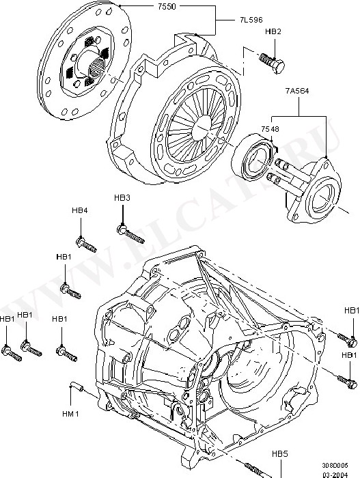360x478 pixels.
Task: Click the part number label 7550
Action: (x=167, y=7)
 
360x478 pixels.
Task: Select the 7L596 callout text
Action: (x=251, y=20)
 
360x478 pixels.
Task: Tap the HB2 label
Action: (x=273, y=31)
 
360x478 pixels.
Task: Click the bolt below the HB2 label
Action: (x=272, y=63)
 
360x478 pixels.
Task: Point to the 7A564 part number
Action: (x=297, y=91)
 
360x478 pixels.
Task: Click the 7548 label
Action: (x=270, y=129)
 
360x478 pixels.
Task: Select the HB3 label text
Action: (x=122, y=198)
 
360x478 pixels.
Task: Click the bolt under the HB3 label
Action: (x=130, y=234)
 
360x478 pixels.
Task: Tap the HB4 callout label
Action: (x=80, y=210)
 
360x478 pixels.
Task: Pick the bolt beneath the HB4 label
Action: (x=86, y=244)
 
